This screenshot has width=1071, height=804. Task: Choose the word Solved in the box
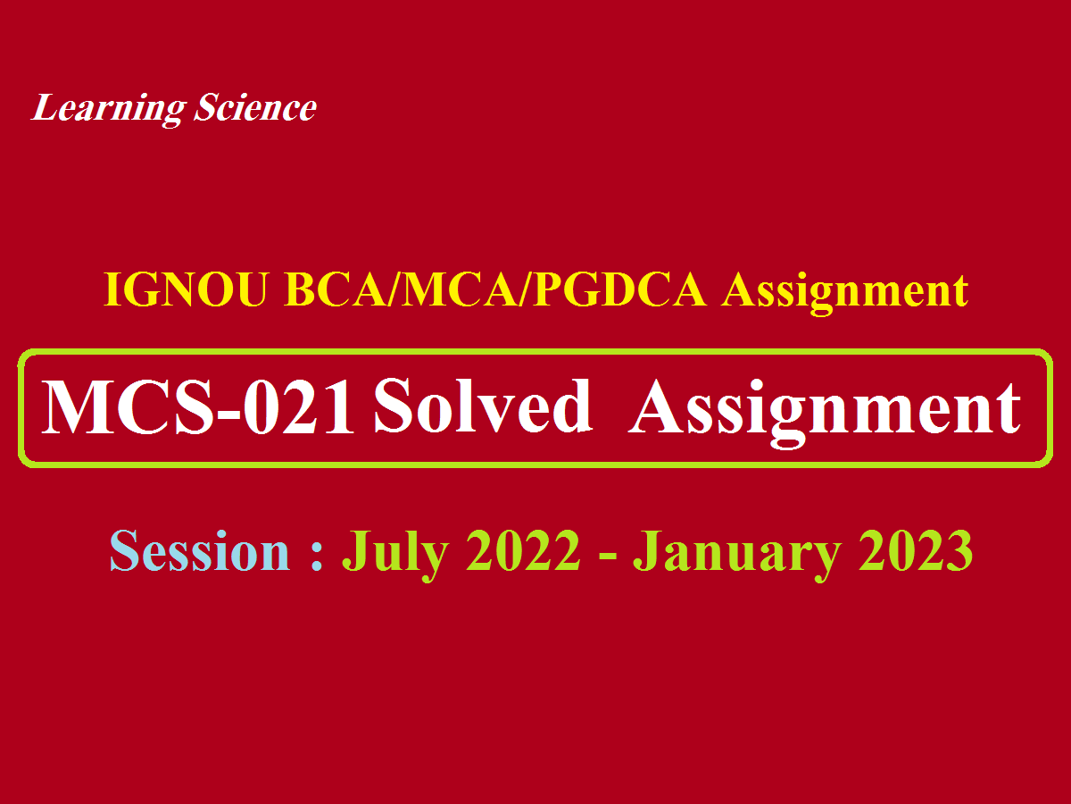point(483,408)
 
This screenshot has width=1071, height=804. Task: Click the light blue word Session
point(199,551)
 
